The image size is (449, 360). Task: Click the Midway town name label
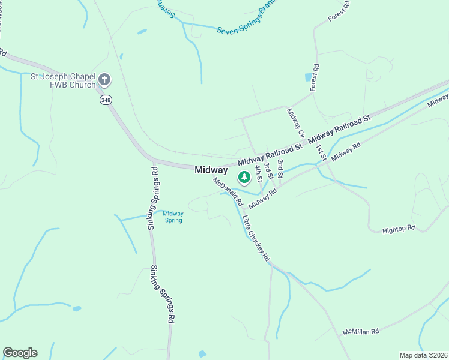pyautogui.click(x=211, y=170)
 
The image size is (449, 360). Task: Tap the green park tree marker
pyautogui.click(x=244, y=177)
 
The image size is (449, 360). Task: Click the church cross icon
pyautogui.click(x=104, y=79)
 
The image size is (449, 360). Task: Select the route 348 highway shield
pyautogui.click(x=106, y=100)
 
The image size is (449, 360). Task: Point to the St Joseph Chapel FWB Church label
pyautogui.click(x=63, y=80)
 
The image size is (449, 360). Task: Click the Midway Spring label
pyautogui.click(x=173, y=217)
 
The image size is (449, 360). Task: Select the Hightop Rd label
pyautogui.click(x=399, y=229)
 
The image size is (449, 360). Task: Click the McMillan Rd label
pyautogui.click(x=361, y=331)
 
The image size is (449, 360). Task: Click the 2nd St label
pyautogui.click(x=280, y=169)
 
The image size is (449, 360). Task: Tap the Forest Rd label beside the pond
pyautogui.click(x=314, y=77)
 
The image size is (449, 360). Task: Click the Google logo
pyautogui.click(x=20, y=353)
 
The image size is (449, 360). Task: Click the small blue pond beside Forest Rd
pyautogui.click(x=308, y=77)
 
